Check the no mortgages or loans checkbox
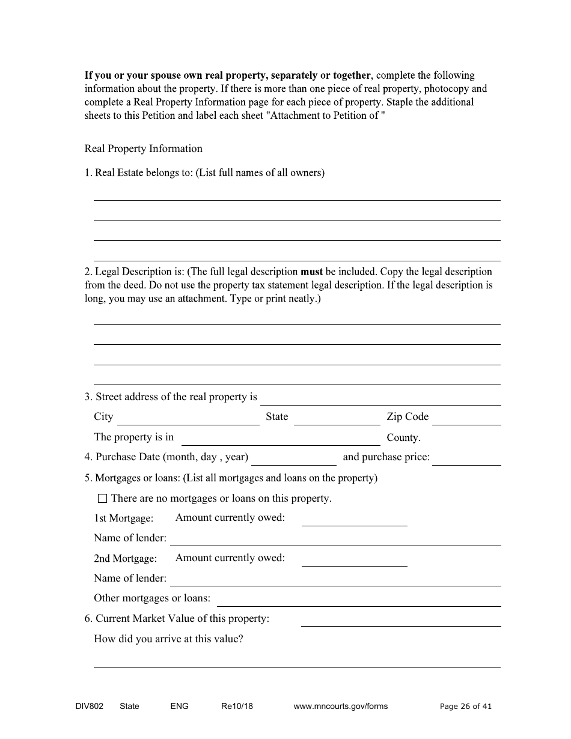pyautogui.click(x=102, y=498)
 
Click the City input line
pyautogui.click(x=188, y=419)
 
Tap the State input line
pyautogui.click(x=337, y=419)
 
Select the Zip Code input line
pyautogui.click(x=466, y=419)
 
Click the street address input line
pyautogui.click(x=380, y=399)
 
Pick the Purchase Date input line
pyautogui.click(x=294, y=459)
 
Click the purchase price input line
pyautogui.click(x=466, y=459)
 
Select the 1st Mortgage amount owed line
pyautogui.click(x=354, y=520)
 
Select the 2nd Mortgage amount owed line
pyautogui.click(x=354, y=560)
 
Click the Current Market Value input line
pyautogui.click(x=400, y=620)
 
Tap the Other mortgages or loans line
pyautogui.click(x=359, y=600)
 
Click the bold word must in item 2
pyautogui.click(x=311, y=272)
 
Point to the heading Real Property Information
pyautogui.click(x=143, y=148)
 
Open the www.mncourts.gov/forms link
pyautogui.click(x=340, y=706)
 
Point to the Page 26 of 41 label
pyautogui.click(x=465, y=706)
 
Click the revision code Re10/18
pyautogui.click(x=237, y=706)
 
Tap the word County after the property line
pyautogui.click(x=403, y=438)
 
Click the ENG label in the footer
pyautogui.click(x=179, y=706)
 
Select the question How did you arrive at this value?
pyautogui.click(x=168, y=639)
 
